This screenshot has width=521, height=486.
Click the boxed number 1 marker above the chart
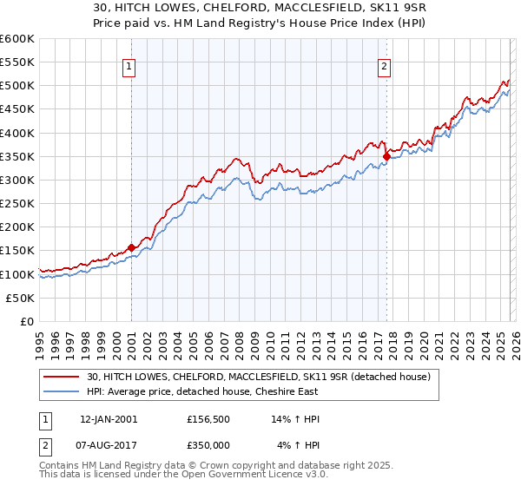point(129,65)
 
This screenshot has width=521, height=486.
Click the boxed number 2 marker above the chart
point(384,65)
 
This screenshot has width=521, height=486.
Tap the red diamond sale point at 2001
point(131,247)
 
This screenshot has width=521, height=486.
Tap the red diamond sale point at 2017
point(386,157)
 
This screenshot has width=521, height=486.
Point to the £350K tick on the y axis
point(17,157)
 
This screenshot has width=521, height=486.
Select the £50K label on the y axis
point(21,298)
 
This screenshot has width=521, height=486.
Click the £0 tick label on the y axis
point(27,321)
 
